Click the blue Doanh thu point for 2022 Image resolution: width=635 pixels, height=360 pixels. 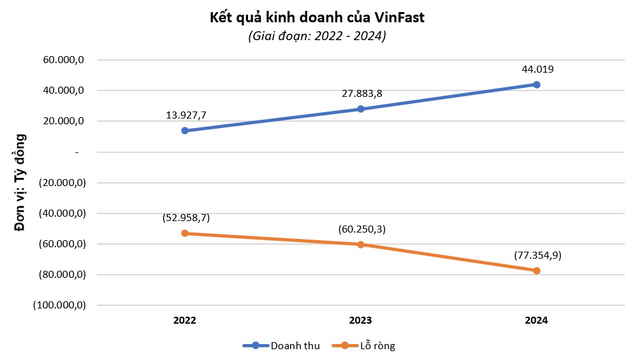(185, 131)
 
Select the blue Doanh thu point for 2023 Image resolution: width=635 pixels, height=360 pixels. (361, 109)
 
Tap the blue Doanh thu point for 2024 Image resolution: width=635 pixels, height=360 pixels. (537, 84)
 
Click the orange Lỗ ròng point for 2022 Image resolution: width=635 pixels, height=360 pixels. (185, 233)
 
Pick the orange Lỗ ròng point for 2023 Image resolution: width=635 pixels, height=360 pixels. (361, 245)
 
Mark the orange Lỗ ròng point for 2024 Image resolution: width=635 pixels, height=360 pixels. (537, 271)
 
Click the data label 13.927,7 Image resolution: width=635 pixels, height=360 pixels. (185, 115)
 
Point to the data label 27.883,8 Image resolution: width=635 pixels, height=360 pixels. (361, 94)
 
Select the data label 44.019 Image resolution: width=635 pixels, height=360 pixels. (537, 69)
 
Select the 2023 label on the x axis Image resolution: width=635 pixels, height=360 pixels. (361, 320)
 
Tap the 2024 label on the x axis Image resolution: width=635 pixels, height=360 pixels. (537, 320)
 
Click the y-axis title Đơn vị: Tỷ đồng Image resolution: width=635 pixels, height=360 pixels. (20, 182)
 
